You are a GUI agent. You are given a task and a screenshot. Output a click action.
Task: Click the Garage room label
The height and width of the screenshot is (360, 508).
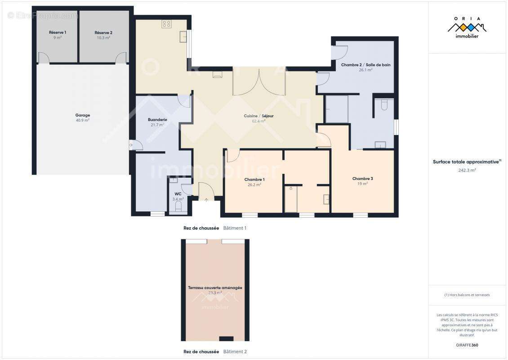click(x=83, y=115)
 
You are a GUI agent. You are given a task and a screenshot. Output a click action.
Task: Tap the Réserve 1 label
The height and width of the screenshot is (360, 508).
click(x=58, y=32)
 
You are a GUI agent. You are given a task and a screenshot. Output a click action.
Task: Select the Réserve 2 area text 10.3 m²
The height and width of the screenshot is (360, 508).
click(x=103, y=38)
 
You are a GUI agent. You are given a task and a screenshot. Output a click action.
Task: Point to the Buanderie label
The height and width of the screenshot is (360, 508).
click(x=157, y=120)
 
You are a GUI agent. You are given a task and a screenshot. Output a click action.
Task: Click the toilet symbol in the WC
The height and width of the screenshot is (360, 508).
click(x=178, y=206)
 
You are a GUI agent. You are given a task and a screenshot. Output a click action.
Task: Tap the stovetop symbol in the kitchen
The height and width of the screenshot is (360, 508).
click(x=166, y=24)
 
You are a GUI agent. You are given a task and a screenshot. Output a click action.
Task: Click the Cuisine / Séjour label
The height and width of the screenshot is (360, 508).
click(x=258, y=116)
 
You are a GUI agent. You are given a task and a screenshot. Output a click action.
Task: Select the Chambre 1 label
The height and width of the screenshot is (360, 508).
click(x=254, y=180)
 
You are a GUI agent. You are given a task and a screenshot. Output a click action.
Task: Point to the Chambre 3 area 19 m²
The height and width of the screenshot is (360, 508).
click(x=362, y=184)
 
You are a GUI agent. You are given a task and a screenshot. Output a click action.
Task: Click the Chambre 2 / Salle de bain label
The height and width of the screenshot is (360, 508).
click(x=366, y=65)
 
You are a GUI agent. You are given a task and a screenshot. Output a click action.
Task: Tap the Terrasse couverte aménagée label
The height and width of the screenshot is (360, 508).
click(x=215, y=288)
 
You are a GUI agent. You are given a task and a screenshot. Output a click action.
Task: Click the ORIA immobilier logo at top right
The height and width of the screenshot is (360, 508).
click(x=467, y=28)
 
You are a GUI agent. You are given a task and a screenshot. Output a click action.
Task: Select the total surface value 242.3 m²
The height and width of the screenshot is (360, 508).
click(x=467, y=170)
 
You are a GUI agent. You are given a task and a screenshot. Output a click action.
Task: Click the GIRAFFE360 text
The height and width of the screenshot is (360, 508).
click(x=467, y=345)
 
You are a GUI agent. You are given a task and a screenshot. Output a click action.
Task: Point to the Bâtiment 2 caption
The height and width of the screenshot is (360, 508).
click(x=235, y=351)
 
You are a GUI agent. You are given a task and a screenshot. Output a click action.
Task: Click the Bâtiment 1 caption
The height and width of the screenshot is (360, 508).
click(x=235, y=228)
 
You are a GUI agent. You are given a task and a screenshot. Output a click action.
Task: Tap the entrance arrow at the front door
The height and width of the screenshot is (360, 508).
click(x=206, y=200)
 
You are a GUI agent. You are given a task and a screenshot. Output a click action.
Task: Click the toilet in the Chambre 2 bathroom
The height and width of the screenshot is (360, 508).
click(x=384, y=105)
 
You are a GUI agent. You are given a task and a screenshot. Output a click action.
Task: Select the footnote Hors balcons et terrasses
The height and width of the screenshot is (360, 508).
click(x=467, y=295)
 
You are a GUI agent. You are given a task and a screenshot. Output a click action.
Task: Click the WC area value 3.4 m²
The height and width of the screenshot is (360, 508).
click(x=178, y=199)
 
